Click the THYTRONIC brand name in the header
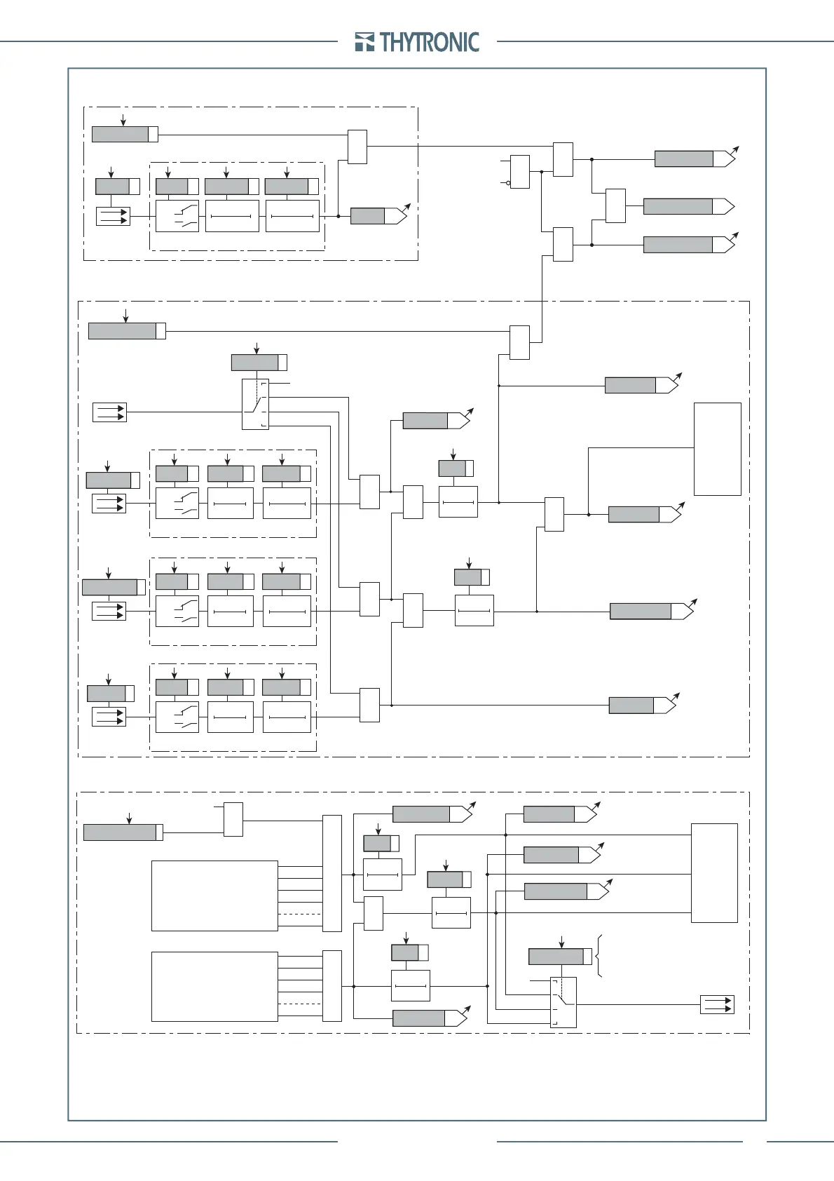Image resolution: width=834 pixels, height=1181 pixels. [430, 42]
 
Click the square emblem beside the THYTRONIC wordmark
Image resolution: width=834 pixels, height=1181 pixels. [364, 42]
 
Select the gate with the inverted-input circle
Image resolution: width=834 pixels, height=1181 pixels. [520, 171]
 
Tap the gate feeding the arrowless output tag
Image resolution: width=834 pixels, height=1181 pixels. [615, 206]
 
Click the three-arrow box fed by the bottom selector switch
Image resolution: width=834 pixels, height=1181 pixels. [717, 1004]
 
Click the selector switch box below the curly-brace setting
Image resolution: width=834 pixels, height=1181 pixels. [563, 1002]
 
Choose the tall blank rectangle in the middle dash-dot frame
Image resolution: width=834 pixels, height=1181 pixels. [717, 449]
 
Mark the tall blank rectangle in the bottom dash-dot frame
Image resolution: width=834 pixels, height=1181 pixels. [714, 872]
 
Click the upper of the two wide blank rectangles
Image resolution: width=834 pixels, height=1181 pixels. [214, 896]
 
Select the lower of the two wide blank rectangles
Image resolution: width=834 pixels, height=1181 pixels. [214, 986]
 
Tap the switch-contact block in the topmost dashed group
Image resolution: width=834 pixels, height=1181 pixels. [177, 216]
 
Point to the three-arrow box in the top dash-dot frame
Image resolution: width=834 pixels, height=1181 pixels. [113, 216]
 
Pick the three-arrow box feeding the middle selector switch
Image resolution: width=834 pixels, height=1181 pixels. [109, 412]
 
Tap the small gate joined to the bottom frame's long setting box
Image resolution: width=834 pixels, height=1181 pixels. [233, 819]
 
